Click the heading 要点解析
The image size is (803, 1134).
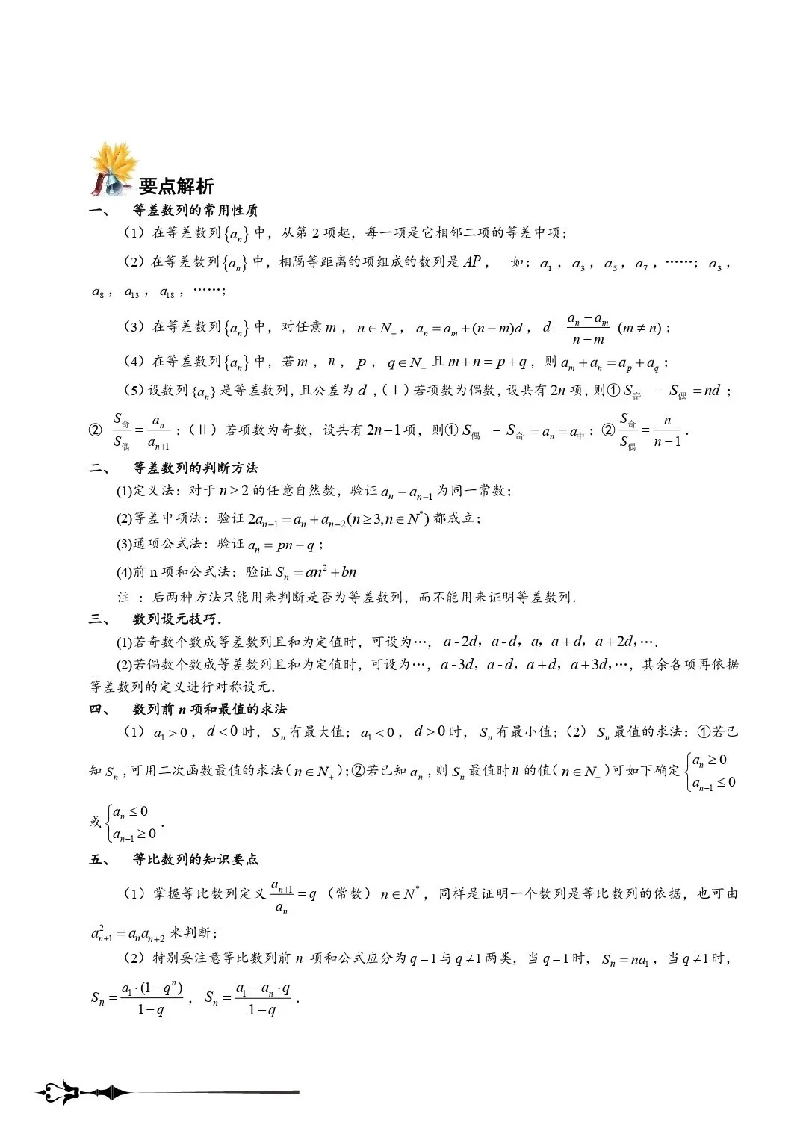point(176,187)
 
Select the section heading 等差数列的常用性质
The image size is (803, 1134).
point(196,211)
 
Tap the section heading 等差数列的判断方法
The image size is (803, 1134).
point(196,468)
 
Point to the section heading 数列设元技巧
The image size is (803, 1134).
point(176,619)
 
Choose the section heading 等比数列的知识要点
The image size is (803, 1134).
point(196,860)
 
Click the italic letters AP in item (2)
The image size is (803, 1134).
point(472,262)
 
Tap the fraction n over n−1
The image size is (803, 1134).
point(667,430)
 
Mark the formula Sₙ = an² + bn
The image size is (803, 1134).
point(316,573)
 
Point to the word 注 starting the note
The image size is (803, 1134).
point(123,598)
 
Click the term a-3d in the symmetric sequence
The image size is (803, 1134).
point(457,664)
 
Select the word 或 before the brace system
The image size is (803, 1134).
point(95,822)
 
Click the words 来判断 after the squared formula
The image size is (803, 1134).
point(193,933)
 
